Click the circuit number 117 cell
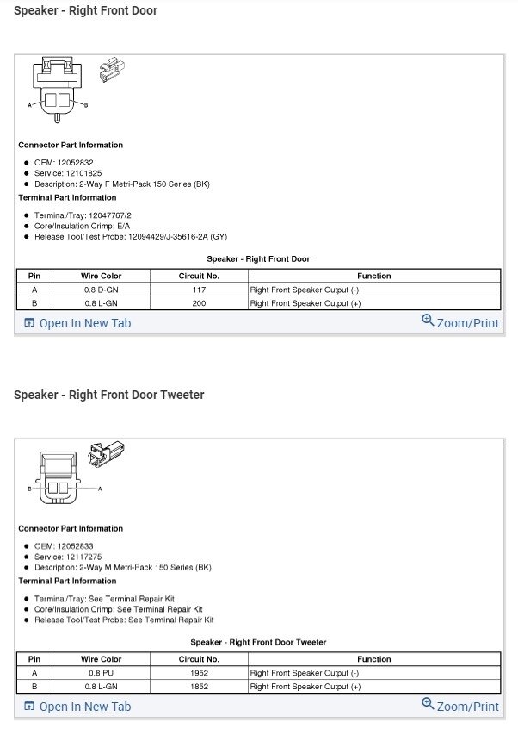point(199,290)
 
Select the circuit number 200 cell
point(199,303)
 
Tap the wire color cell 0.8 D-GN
point(102,290)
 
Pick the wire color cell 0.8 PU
point(102,673)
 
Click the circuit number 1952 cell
point(199,673)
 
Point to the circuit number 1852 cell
point(199,687)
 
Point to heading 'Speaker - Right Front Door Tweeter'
point(108,395)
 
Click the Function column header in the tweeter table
point(373,659)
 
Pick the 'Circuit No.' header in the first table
point(199,276)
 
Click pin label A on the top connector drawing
point(30,105)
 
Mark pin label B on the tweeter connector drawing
point(29,489)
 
